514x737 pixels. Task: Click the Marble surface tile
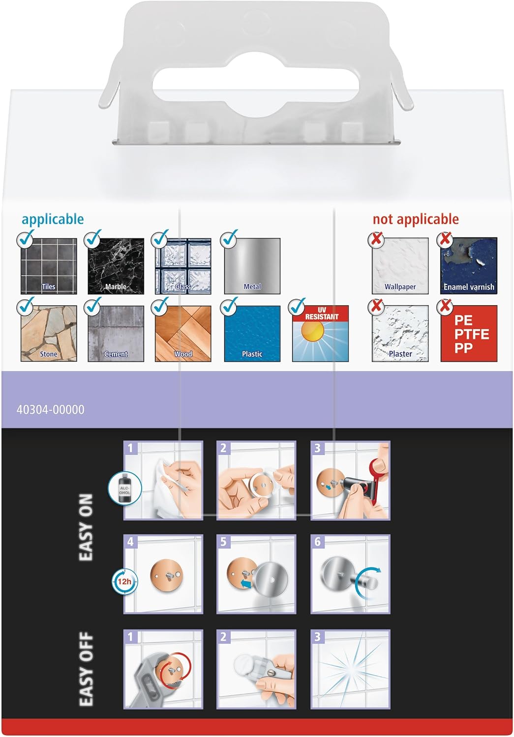point(116,266)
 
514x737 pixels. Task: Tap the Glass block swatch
point(183,266)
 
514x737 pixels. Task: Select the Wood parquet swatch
point(183,333)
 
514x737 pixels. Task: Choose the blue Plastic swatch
point(252,333)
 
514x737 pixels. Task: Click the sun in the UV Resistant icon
point(313,330)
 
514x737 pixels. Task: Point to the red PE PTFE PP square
point(469,333)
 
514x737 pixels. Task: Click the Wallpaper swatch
point(400,266)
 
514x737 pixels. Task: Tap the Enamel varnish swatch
point(469,266)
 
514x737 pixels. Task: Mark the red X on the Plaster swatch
point(376,306)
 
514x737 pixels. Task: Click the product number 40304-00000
point(50,410)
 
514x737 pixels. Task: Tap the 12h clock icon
point(124,581)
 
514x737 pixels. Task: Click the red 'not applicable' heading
point(416,219)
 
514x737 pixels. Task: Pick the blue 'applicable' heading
point(53,220)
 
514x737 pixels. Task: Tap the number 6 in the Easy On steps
point(317,542)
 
